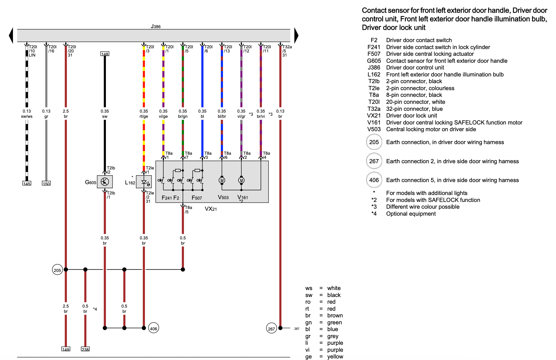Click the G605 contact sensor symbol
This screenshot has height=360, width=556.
tap(105, 182)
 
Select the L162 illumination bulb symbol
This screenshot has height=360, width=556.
tap(144, 182)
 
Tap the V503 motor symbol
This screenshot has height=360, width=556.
tap(222, 180)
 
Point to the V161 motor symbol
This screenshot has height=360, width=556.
tap(241, 180)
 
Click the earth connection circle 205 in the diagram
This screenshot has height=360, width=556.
tap(57, 270)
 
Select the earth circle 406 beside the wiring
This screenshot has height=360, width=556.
tap(153, 328)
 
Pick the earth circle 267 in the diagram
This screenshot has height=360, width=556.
tap(271, 328)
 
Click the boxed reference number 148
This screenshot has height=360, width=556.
tap(105, 54)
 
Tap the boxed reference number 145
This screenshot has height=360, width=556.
tap(27, 183)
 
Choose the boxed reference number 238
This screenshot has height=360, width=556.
tap(85, 349)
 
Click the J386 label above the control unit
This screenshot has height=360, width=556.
tap(156, 26)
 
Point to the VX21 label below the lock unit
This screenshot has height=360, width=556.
tap(211, 209)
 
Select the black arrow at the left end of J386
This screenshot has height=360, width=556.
tap(11, 35)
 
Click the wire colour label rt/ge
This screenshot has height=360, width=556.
tap(144, 116)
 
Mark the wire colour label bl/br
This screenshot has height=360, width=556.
tap(222, 116)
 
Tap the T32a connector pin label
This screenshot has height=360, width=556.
tap(287, 47)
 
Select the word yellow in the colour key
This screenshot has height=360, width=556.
tap(335, 357)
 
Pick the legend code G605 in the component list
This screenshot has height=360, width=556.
tap(374, 61)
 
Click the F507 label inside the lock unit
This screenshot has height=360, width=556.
tap(197, 198)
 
